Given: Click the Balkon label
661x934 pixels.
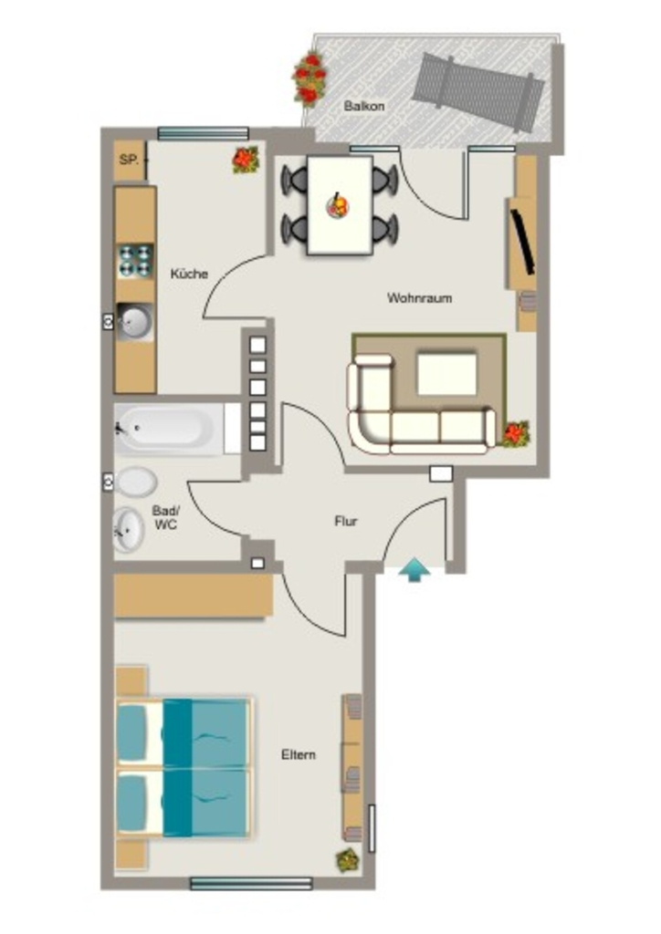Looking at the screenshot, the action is [x=364, y=107].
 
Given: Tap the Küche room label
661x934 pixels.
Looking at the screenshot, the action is [x=190, y=274].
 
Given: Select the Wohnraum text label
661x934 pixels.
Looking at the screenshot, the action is [x=420, y=298].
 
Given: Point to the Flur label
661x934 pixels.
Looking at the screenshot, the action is [x=346, y=521].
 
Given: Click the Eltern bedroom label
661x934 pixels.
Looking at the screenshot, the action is [x=299, y=754].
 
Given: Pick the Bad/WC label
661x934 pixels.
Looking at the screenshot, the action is [x=165, y=518].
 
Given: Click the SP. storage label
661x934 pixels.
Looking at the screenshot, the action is [x=129, y=160].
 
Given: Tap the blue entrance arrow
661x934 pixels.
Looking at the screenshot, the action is [x=414, y=569].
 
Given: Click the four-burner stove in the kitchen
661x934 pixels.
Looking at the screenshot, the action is [x=135, y=261].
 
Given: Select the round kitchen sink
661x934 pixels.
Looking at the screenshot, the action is [x=135, y=322].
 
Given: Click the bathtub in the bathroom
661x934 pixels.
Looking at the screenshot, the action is [x=171, y=429].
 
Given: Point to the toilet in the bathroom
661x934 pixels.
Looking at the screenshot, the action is [x=137, y=482].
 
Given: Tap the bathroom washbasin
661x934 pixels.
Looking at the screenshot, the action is [x=128, y=530].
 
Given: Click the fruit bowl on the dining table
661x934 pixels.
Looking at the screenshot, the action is [x=337, y=206].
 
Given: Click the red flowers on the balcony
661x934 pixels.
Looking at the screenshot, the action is [x=310, y=79].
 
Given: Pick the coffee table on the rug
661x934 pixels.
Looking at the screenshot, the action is [x=447, y=374].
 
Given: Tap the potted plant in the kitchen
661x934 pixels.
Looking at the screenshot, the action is [x=246, y=160].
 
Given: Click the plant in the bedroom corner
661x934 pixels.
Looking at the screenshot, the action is [x=348, y=860].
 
